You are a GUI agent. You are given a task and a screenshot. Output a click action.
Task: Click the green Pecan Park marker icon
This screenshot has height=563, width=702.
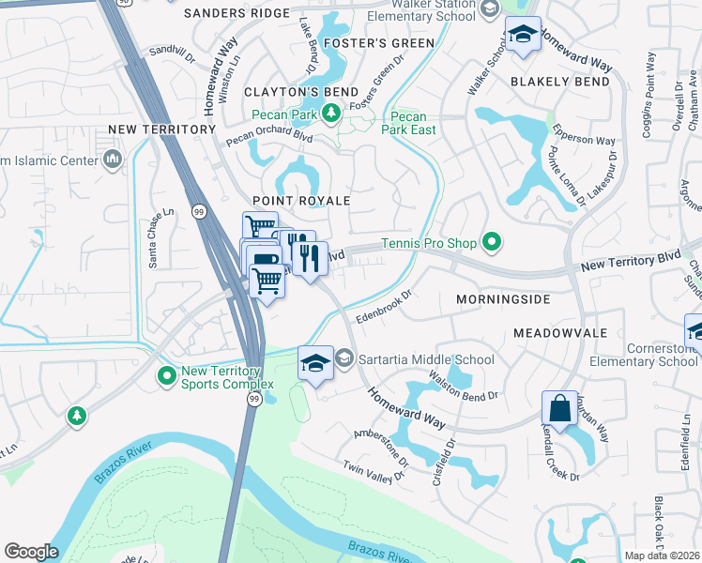coord(329,114)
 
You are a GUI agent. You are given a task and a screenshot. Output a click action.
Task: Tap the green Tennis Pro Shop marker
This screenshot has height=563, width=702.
coord(491,244)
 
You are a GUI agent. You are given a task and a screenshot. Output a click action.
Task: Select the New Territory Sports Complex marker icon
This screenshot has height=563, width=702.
coord(167,376)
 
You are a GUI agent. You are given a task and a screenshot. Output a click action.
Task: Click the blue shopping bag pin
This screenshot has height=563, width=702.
coord(559,409)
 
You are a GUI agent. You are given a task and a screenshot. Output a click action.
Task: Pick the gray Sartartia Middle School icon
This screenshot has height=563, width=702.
coord(344,358)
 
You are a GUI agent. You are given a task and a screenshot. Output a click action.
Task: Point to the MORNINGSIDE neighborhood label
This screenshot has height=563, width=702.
coord(500,298)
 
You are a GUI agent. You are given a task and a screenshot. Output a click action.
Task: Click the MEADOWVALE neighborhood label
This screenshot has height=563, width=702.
coord(560,333)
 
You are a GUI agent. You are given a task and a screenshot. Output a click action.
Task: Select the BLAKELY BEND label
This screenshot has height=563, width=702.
coord(560,82)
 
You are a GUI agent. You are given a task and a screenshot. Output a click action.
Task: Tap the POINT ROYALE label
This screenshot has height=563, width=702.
coord(301,201)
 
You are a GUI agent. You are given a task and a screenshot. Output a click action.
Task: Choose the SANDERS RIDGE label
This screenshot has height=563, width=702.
coord(237,13)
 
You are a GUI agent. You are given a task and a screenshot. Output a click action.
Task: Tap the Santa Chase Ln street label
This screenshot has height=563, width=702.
coord(162,226)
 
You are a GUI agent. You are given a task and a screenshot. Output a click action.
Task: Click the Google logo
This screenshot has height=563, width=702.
coord(31,552)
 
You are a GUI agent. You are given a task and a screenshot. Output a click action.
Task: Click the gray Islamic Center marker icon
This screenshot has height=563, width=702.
coord(114,160)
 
